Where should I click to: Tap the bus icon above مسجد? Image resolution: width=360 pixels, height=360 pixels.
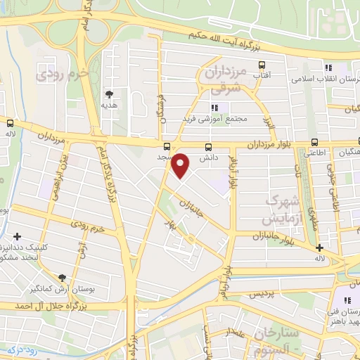point(167,147)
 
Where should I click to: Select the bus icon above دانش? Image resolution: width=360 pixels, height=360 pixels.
point(208,147)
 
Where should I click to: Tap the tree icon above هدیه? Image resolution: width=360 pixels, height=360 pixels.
point(109,93)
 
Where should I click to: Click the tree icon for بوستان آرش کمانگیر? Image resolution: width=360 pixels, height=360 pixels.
point(63,278)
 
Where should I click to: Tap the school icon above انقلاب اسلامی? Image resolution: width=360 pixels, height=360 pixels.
point(328,67)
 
